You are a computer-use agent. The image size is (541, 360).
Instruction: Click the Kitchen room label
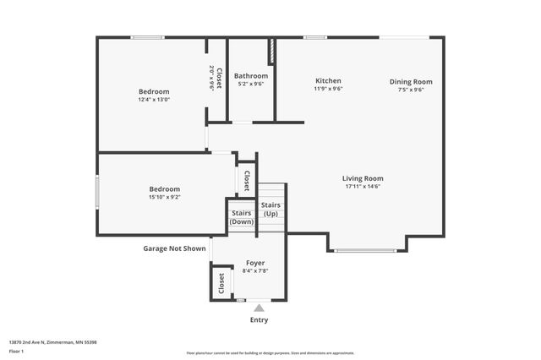tap(328, 81)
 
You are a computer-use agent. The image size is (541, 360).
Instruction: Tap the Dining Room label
tap(411, 82)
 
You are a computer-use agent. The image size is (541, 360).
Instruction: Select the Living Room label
tap(363, 178)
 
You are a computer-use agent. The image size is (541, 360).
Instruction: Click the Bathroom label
tap(251, 75)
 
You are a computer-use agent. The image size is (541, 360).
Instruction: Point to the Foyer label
tap(254, 263)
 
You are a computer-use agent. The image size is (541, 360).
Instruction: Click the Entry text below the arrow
tap(260, 320)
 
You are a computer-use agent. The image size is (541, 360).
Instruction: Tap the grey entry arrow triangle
tap(260, 308)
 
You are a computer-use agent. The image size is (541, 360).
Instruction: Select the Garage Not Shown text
tap(174, 248)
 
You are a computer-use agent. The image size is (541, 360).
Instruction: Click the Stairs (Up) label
tap(270, 210)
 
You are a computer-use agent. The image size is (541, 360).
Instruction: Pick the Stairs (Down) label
tap(242, 217)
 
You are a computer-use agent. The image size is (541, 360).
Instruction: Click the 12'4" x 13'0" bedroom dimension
tap(154, 100)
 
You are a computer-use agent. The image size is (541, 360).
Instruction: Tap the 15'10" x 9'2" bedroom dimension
tap(165, 197)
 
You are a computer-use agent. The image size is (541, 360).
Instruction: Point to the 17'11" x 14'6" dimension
tap(363, 187)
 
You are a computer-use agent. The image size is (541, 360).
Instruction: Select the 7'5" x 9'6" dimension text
tap(411, 90)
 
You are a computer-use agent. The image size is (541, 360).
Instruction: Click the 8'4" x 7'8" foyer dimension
tap(254, 270)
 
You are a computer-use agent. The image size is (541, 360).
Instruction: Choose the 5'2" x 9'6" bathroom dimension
tap(251, 84)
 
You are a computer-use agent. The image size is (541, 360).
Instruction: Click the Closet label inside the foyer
tap(222, 281)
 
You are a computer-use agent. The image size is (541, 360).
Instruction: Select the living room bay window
tap(365, 250)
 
